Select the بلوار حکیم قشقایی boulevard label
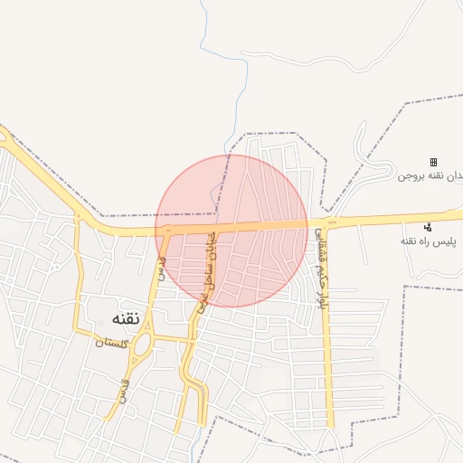point(318,269)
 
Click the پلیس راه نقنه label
point(430,242)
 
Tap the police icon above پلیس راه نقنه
point(428,226)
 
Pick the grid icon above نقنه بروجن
point(433,161)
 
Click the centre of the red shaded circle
point(231,231)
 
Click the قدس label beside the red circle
point(162,268)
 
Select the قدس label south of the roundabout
point(122,392)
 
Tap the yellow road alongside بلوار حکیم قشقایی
point(328,362)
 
